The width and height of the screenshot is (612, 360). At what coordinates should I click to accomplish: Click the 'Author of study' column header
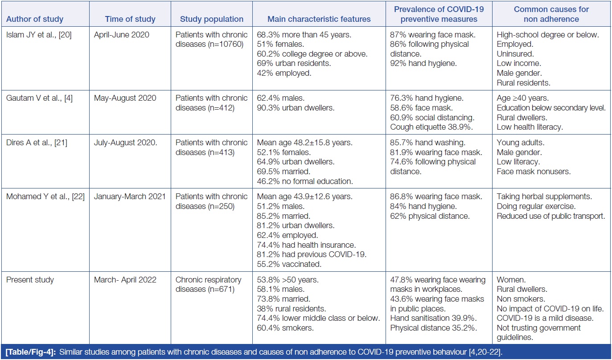pyautogui.click(x=34, y=19)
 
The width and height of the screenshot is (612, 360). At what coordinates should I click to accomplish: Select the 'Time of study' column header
pyautogui.click(x=130, y=19)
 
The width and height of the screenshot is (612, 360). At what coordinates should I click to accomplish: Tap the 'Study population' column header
pyautogui.click(x=212, y=19)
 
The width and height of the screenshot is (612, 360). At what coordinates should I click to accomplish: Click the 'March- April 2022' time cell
pyautogui.click(x=125, y=280)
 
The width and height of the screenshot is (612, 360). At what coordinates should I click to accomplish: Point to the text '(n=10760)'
pyautogui.click(x=228, y=45)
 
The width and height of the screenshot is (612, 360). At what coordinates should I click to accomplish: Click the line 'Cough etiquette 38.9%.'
pyautogui.click(x=428, y=127)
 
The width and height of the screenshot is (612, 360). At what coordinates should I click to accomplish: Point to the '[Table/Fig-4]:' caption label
pyautogui.click(x=29, y=351)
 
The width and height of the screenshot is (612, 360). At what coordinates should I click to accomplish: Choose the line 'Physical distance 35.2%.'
pyautogui.click(x=431, y=328)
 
